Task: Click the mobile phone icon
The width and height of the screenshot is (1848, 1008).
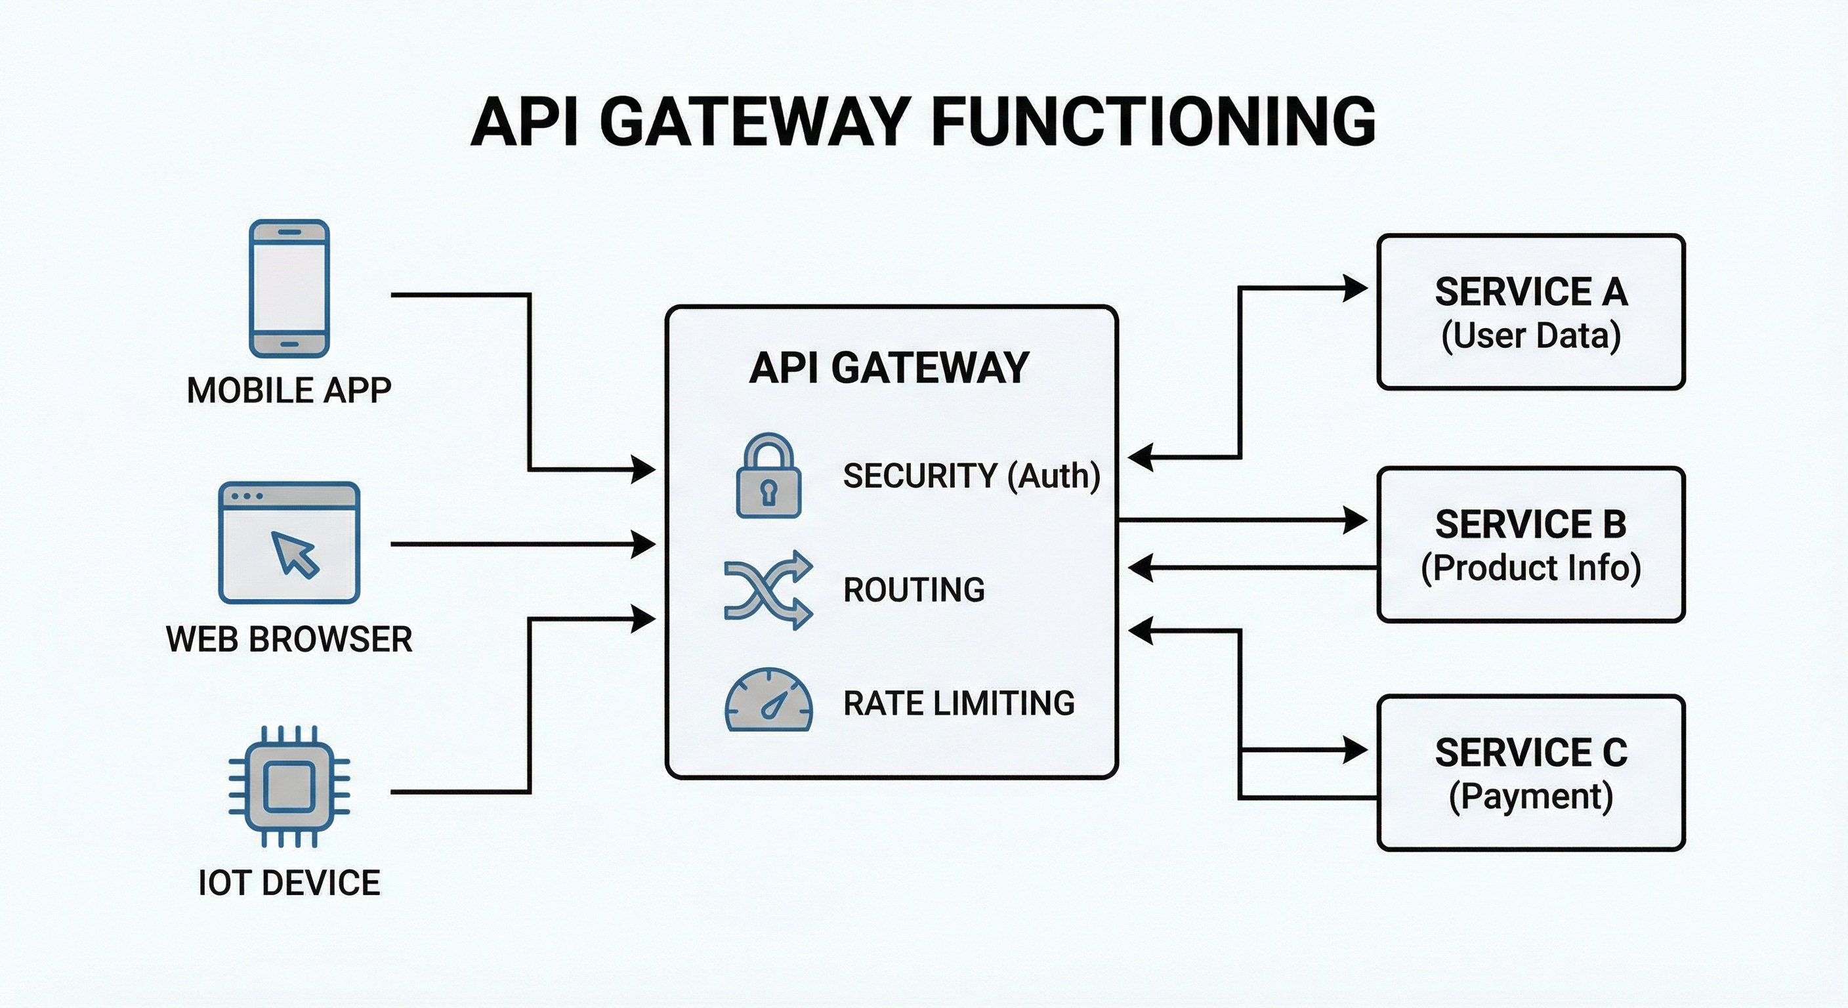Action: click(x=289, y=288)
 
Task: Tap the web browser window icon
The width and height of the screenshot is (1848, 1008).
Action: click(x=289, y=542)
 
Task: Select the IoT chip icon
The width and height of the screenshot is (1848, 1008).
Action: click(x=289, y=786)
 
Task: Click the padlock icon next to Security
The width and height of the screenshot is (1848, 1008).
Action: click(x=768, y=475)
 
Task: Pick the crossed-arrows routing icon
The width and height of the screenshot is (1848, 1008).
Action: click(x=768, y=590)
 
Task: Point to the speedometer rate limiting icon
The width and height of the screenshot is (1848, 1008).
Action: click(x=768, y=700)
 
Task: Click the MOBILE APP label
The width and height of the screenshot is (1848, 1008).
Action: click(x=289, y=391)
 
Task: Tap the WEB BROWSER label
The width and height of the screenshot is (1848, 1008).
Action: click(x=289, y=639)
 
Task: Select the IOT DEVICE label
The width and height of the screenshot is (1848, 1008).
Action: click(x=289, y=883)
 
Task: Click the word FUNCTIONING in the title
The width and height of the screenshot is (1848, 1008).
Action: click(x=1154, y=122)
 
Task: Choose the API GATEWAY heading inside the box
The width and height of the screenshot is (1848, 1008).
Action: click(x=890, y=367)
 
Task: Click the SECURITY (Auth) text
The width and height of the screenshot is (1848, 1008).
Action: click(x=971, y=476)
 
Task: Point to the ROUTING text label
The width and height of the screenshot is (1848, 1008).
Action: click(x=914, y=590)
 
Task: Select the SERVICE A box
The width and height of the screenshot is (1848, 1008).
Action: click(x=1531, y=312)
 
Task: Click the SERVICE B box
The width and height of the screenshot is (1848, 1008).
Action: click(x=1531, y=545)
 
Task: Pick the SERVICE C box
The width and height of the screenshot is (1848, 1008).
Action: click(x=1531, y=772)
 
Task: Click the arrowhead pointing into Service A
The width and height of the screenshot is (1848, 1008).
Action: click(x=1355, y=287)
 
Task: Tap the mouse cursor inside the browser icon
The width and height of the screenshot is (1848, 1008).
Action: click(x=295, y=554)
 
